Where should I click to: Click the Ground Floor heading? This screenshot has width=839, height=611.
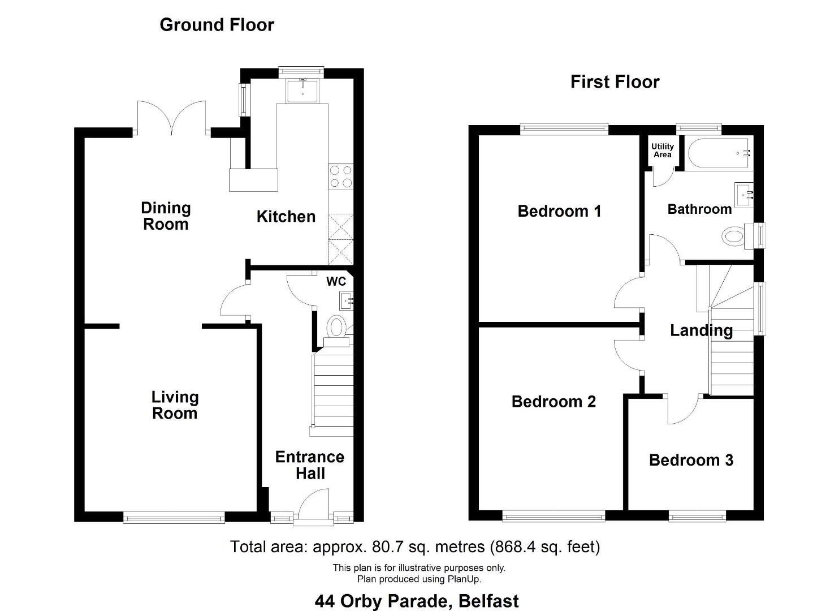pyautogui.click(x=217, y=25)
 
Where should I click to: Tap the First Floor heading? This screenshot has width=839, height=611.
pyautogui.click(x=615, y=82)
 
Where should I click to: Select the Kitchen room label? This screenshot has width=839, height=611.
pyautogui.click(x=286, y=217)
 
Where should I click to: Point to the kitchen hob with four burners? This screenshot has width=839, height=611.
pyautogui.click(x=341, y=177)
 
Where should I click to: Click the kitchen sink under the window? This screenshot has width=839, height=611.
pyautogui.click(x=302, y=91)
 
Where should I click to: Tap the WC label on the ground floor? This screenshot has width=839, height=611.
pyautogui.click(x=336, y=282)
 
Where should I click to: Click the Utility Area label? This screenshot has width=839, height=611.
pyautogui.click(x=662, y=150)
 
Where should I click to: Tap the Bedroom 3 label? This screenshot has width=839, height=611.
pyautogui.click(x=691, y=461)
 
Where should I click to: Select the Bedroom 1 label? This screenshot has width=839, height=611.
pyautogui.click(x=559, y=212)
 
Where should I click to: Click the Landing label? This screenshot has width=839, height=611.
pyautogui.click(x=701, y=330)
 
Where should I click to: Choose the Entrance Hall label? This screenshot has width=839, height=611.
pyautogui.click(x=310, y=465)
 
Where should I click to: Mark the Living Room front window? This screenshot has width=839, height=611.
pyautogui.click(x=174, y=519)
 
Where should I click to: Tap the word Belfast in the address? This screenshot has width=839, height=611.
pyautogui.click(x=488, y=601)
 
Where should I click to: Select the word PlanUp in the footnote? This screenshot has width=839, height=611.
pyautogui.click(x=463, y=579)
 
